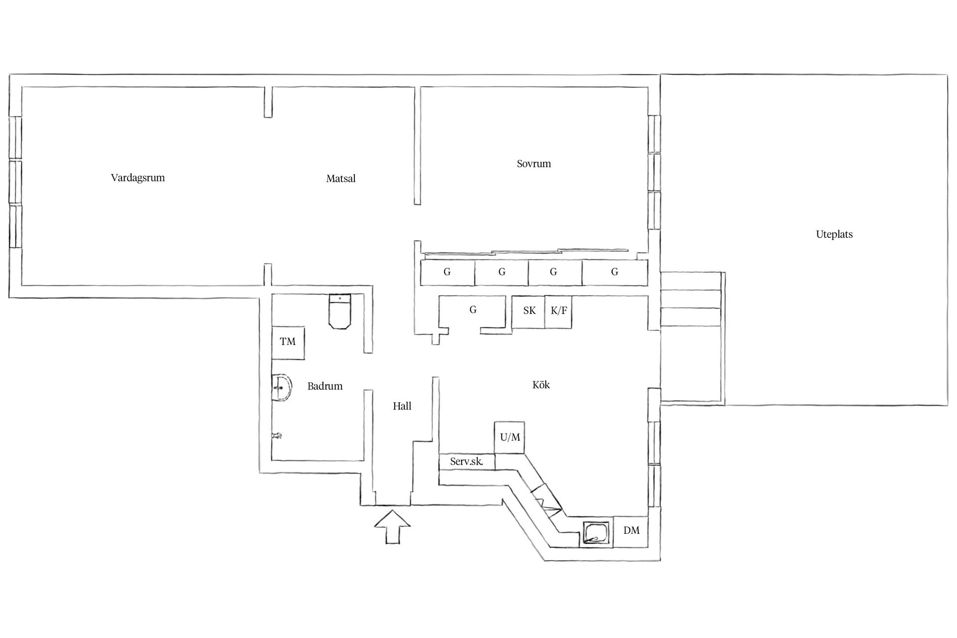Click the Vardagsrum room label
click(138, 178)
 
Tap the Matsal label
click(341, 178)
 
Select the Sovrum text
click(534, 163)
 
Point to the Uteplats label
click(834, 234)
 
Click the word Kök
click(541, 385)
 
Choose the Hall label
click(402, 406)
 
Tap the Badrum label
click(325, 386)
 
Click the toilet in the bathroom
click(340, 311)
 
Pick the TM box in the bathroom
click(288, 342)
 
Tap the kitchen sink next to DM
click(596, 534)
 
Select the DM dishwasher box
click(631, 531)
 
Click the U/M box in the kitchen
click(509, 438)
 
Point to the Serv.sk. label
click(467, 462)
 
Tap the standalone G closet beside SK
click(473, 310)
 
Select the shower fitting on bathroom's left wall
click(276, 436)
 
